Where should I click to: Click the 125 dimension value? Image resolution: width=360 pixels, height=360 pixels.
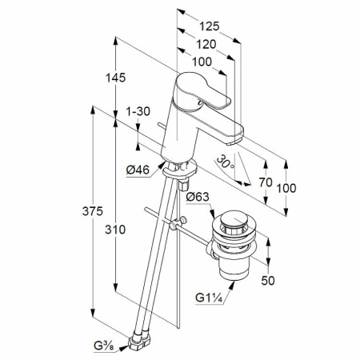coord(210,26)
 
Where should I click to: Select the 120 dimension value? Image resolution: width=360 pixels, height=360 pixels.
coord(206,44)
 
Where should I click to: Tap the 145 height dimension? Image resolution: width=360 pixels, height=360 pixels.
coord(115,78)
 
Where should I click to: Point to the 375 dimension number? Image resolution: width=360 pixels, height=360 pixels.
coord(93,211)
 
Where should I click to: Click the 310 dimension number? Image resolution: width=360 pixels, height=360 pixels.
coord(115,230)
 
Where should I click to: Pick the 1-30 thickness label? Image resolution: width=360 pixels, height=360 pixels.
coord(138,111)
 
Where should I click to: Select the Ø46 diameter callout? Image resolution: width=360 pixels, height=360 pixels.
coord(138,170)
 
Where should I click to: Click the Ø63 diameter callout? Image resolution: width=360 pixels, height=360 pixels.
coord(198,197)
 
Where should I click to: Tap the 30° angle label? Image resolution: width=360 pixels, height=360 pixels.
coord(225,162)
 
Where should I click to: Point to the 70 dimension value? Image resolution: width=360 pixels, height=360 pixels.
coord(266,182)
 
